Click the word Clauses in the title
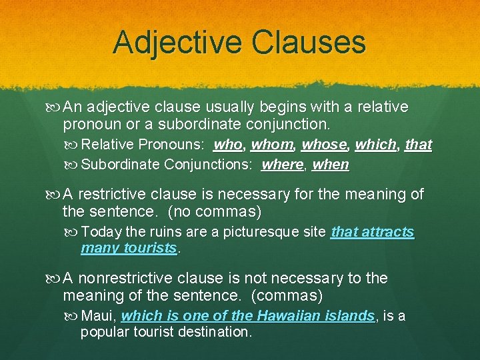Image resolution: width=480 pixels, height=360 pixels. [x=309, y=42]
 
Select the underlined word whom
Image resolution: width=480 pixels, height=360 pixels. [x=272, y=144]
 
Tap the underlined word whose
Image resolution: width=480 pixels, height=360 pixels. [x=324, y=144]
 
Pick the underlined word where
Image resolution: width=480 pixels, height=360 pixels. [x=282, y=164]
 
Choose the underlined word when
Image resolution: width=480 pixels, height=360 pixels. [x=331, y=164]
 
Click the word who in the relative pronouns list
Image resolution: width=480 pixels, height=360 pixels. [x=227, y=144]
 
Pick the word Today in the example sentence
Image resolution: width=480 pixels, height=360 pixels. [x=101, y=232]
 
